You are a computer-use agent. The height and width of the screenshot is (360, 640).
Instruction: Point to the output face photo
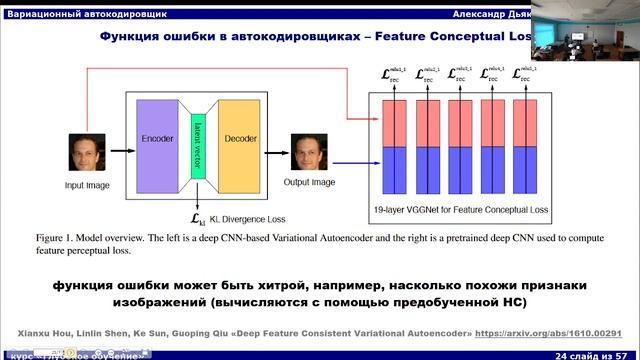pos(307,153)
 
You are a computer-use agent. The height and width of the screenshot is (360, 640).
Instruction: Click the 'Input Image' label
pos(88,185)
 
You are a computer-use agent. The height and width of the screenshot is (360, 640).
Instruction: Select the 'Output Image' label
pos(309,182)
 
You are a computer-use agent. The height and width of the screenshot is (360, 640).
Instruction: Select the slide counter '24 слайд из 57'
pos(597,354)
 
